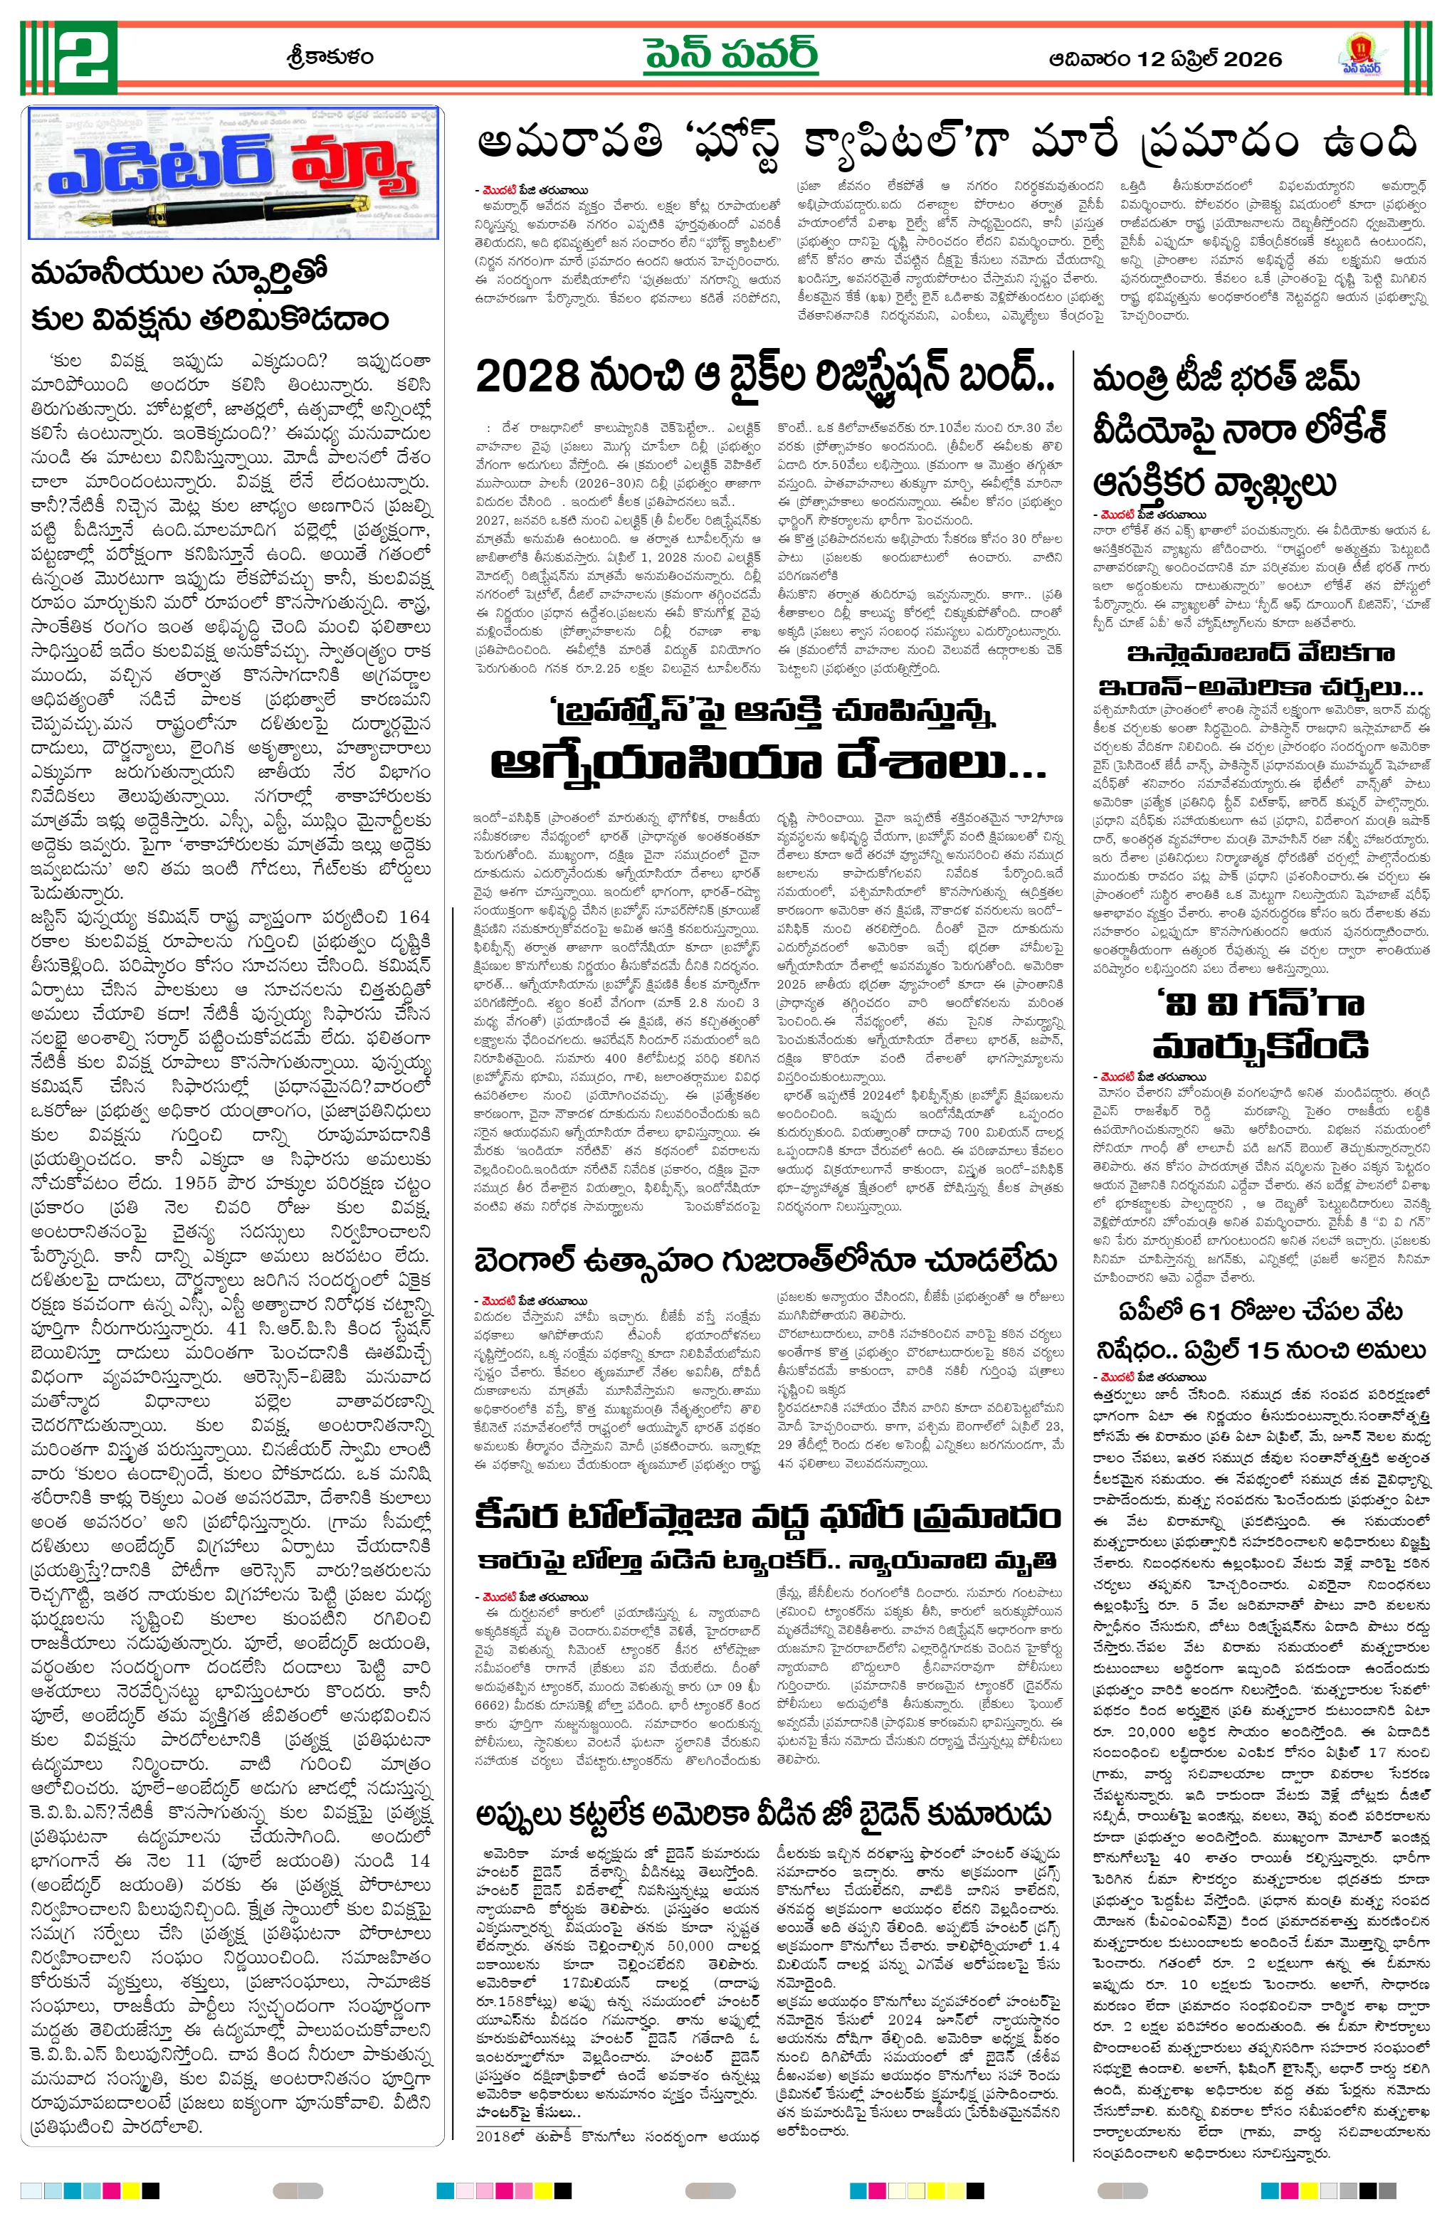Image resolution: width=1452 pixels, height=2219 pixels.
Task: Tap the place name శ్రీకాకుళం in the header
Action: click(330, 58)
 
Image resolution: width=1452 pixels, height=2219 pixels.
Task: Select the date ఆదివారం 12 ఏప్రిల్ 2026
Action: click(1164, 59)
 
